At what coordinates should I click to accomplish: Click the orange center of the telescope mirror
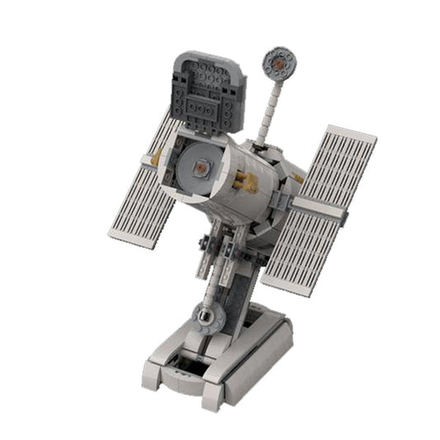pos(201,168)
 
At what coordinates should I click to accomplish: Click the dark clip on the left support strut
pos(203,244)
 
